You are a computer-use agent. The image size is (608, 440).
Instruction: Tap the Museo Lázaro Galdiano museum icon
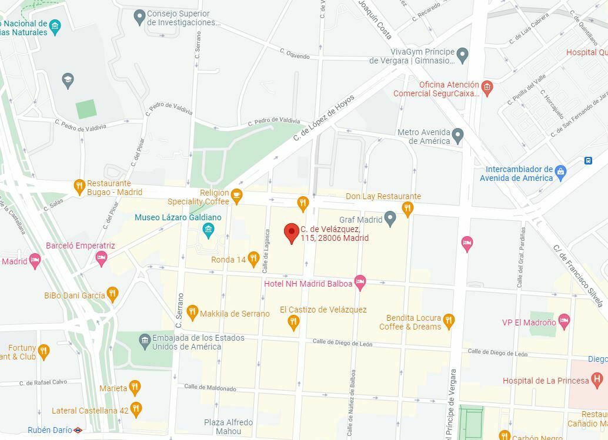coord(208,229)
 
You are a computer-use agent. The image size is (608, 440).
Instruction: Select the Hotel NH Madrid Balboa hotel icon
coord(360,283)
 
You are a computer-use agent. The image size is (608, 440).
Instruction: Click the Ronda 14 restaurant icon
coord(253,258)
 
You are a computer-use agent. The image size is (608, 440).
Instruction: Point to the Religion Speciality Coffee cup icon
coord(237,196)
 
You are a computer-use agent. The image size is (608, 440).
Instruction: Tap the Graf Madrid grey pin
coord(390,220)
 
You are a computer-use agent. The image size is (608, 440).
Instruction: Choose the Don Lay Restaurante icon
coord(407,208)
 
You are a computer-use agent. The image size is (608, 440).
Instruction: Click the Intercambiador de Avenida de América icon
coord(560,172)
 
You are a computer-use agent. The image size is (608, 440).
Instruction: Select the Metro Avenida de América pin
coord(458,136)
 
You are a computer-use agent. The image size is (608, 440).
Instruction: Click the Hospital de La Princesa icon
coord(596,379)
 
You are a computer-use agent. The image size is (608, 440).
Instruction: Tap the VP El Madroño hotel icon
coord(564,321)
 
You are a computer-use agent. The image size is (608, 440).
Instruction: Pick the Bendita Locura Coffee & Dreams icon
coord(449,321)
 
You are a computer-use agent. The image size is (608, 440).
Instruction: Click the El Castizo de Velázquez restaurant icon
coord(293,321)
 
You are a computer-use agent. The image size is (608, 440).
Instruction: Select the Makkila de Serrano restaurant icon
coord(192,313)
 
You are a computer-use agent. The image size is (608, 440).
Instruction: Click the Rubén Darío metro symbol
coord(78,430)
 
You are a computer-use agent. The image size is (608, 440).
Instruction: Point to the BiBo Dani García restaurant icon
coord(112,294)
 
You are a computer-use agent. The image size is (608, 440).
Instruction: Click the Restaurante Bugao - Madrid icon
coord(79,187)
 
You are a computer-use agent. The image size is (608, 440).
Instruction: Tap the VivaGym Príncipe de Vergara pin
coord(463,55)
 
